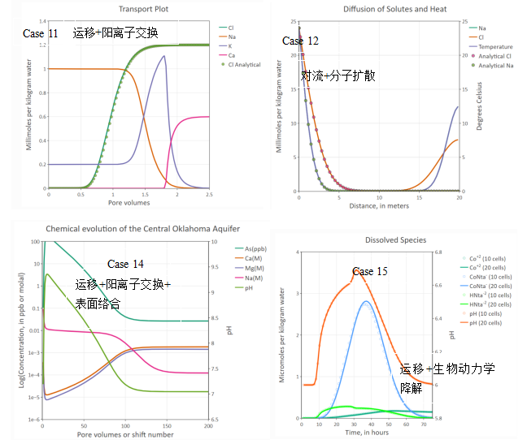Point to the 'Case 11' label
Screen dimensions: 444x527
(x=40, y=33)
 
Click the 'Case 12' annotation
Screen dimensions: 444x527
(x=300, y=41)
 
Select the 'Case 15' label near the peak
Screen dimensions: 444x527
(x=369, y=271)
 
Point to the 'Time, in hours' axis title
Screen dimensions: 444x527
(x=368, y=432)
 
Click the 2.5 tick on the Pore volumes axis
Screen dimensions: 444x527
(x=209, y=195)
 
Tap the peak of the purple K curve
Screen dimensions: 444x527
(x=165, y=56)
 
